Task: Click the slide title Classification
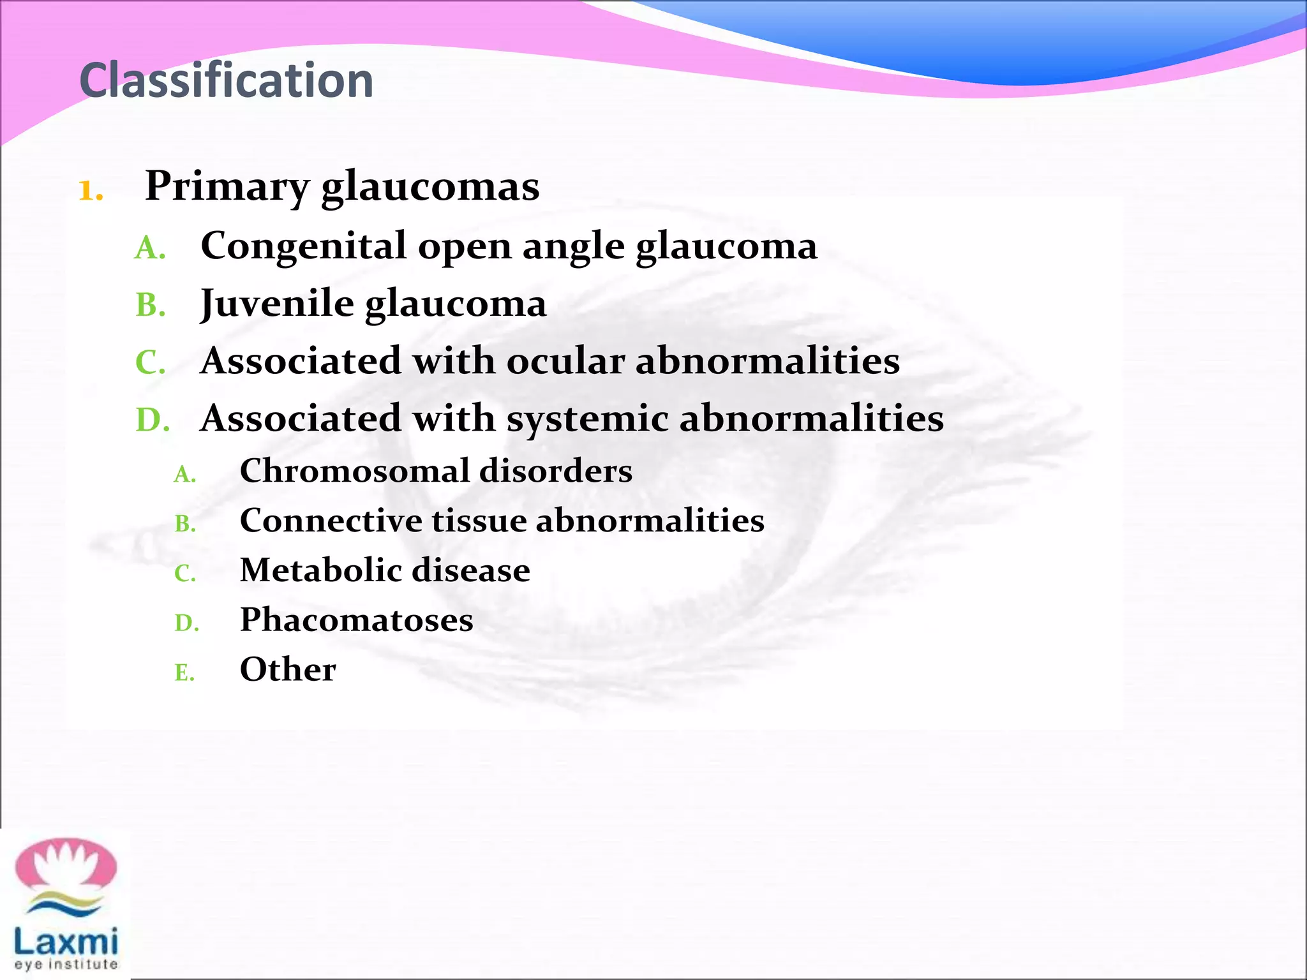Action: point(227,80)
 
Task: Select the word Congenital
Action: point(303,246)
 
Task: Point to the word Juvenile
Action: point(276,304)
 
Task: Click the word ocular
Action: point(565,361)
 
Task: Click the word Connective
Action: point(331,521)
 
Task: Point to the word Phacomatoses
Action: point(356,620)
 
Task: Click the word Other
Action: point(288,669)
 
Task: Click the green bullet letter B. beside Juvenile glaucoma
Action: point(151,305)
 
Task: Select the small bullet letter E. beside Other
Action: point(184,672)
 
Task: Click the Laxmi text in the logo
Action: point(66,942)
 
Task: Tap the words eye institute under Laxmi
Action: point(66,964)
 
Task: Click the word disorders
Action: point(555,471)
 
